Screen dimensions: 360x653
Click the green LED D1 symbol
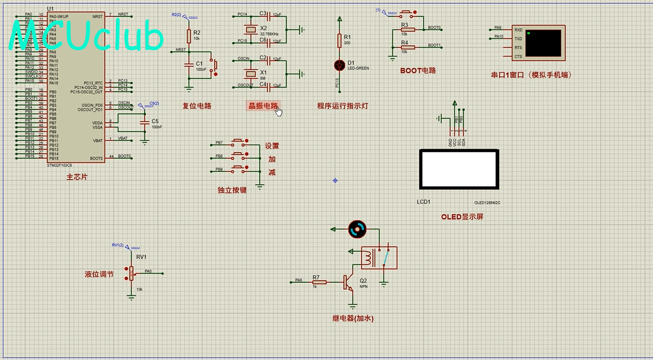[339, 64]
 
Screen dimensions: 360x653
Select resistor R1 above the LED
[339, 40]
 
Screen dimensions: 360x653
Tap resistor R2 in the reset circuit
[189, 35]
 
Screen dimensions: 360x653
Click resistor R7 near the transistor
[319, 282]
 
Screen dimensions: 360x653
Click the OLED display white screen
[458, 169]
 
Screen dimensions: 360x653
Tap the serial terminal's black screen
[544, 43]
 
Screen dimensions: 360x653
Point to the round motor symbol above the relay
[355, 228]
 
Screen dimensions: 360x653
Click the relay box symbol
[378, 258]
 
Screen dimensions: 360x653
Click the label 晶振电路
[263, 106]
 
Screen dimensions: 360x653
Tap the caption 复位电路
[196, 106]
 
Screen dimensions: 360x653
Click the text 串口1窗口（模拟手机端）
[531, 75]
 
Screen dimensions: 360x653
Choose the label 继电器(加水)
[353, 318]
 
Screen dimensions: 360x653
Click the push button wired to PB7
[239, 142]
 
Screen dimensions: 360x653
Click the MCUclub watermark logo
[87, 35]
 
